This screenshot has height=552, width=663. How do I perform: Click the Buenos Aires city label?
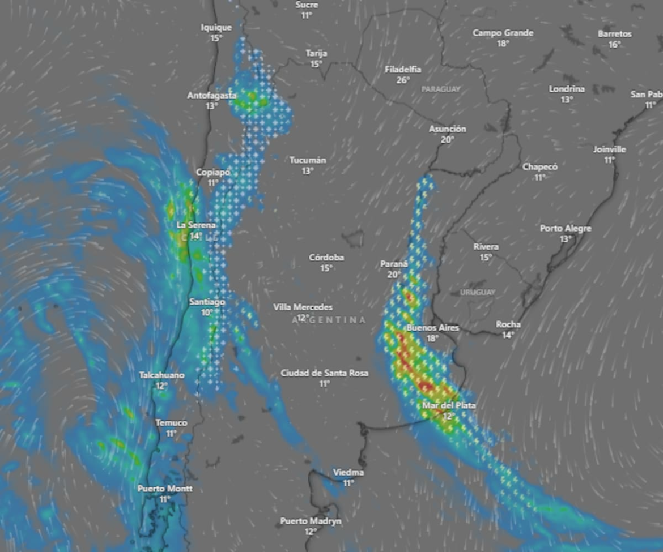pos(433,328)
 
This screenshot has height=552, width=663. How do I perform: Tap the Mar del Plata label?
pos(449,405)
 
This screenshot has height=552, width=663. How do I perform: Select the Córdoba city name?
pos(326,258)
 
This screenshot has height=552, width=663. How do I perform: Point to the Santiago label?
pos(207,302)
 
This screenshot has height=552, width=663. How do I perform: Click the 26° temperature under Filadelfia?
pos(403,80)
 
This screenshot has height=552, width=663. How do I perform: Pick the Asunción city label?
pos(447,129)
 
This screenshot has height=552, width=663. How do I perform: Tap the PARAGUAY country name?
pos(441,89)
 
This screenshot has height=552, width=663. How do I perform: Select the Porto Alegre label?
pos(566,228)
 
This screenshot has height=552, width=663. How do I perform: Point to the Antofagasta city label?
pos(212,96)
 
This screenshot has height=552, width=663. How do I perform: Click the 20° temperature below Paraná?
pos(394,275)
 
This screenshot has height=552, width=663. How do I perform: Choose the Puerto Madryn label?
pos(311,521)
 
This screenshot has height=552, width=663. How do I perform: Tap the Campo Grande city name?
pos(503,33)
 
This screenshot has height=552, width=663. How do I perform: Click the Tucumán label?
pos(308,160)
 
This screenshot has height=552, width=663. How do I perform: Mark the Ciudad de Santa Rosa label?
pos(324,373)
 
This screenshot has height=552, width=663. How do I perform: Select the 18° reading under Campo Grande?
pos(503,43)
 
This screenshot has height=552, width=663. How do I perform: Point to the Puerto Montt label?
pos(165,489)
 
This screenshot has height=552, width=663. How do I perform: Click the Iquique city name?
pos(216,27)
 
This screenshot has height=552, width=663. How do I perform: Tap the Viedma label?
pos(348,472)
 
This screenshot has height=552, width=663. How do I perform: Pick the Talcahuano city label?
pos(162,375)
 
